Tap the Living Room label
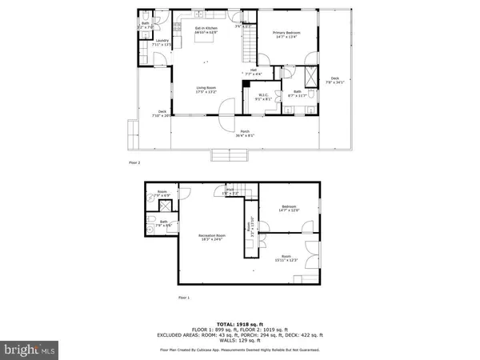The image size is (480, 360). (x=206, y=89)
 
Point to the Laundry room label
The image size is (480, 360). (x=161, y=42)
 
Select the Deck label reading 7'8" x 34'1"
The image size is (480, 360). (x=334, y=80)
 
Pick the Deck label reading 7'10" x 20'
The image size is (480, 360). (x=162, y=114)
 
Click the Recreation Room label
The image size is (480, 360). (x=212, y=237)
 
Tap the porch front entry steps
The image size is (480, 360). (x=222, y=154)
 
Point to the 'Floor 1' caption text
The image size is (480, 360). (x=183, y=298)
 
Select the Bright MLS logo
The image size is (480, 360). (x=30, y=349)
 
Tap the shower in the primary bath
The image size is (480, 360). (x=309, y=82)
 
